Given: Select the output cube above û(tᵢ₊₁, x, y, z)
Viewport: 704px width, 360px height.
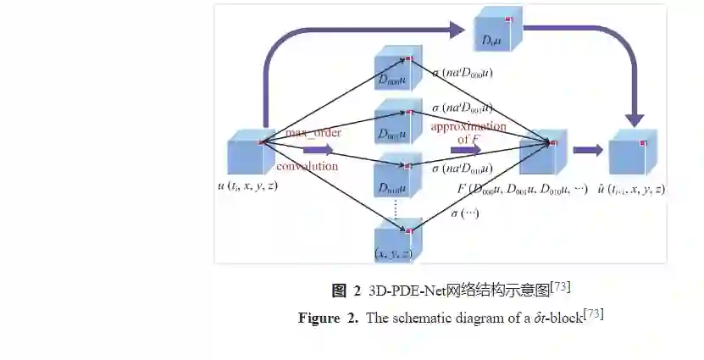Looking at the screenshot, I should [x=635, y=152].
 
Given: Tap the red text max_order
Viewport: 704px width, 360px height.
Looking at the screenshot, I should [x=313, y=133].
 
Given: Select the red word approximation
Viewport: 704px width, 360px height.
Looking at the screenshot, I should [x=468, y=126].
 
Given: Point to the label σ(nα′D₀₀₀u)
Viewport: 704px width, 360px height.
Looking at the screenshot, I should [x=463, y=73].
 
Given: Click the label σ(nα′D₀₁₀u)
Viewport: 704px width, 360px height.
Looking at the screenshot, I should [x=463, y=169].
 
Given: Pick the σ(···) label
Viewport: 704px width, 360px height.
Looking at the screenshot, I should [x=465, y=213].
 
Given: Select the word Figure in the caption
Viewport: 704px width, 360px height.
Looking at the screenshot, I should [x=319, y=318].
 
